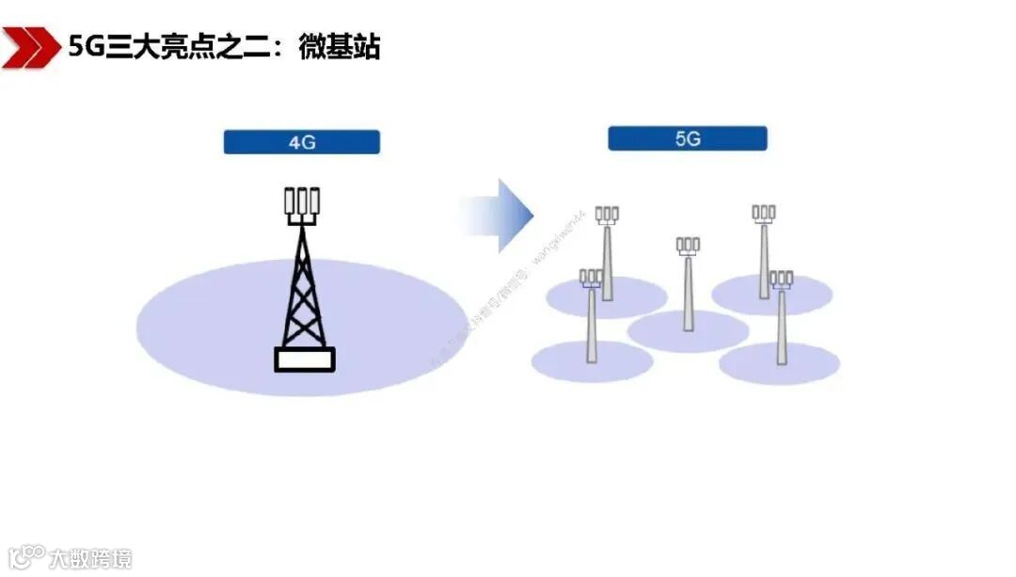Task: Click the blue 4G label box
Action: (301, 142)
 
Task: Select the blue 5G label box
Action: (687, 139)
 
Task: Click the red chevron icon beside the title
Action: (27, 47)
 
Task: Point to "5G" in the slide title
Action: (86, 46)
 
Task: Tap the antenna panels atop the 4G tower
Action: (302, 201)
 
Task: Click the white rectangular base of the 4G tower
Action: (304, 359)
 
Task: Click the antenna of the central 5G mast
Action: (688, 246)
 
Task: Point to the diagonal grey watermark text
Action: (489, 292)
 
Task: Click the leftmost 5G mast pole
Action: (591, 325)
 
